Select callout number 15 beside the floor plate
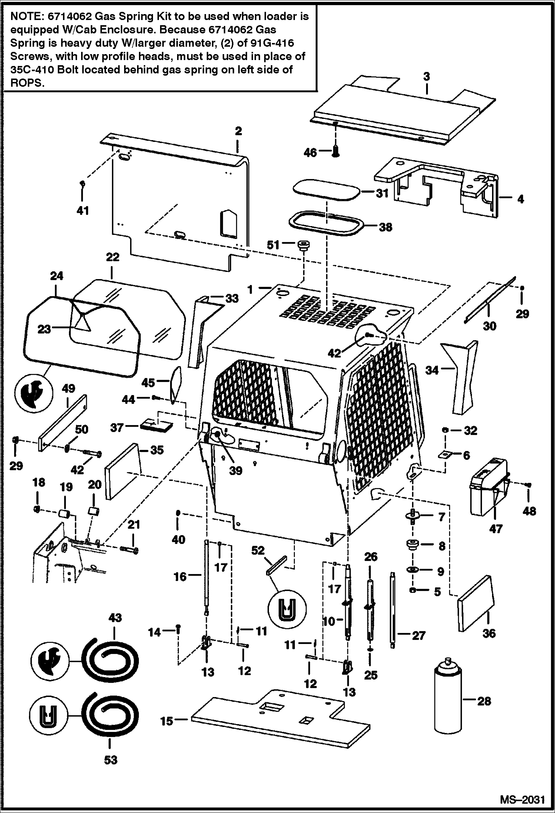pos(167,721)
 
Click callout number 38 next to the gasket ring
pos(386,227)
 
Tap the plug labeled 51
pos(303,245)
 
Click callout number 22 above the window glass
pos(113,257)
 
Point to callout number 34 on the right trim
pos(432,370)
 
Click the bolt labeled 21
pos(129,550)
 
